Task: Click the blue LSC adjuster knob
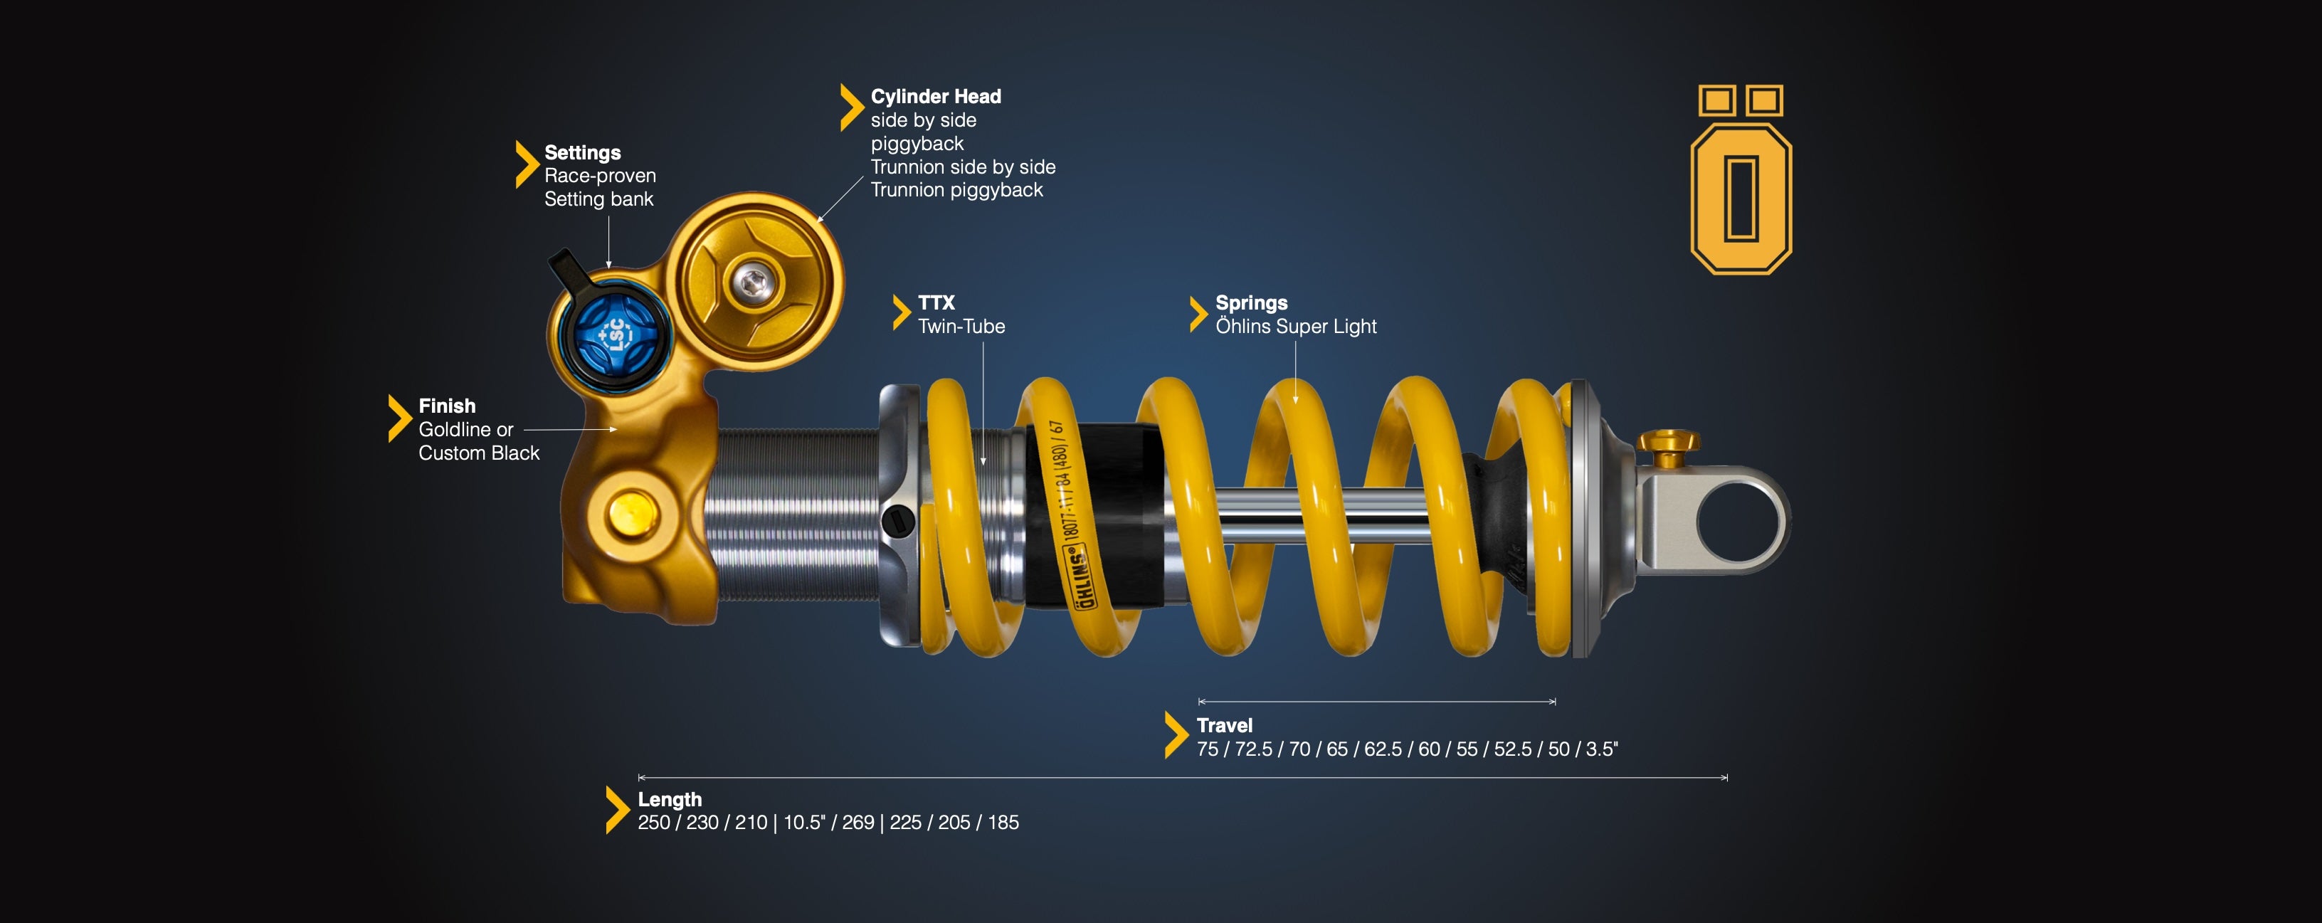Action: (x=616, y=334)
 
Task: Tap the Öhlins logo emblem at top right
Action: (x=1741, y=179)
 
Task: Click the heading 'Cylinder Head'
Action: (x=936, y=97)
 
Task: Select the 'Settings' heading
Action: (x=582, y=152)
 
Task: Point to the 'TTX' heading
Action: (x=936, y=303)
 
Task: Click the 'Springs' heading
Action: (x=1251, y=303)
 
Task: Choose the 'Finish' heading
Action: (x=447, y=406)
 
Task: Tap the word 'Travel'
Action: (x=1224, y=726)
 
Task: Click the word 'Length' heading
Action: (x=670, y=799)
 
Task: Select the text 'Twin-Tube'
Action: (x=961, y=327)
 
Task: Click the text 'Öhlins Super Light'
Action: (x=1297, y=327)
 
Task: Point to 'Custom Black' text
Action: (x=479, y=453)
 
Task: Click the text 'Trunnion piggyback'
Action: (x=956, y=190)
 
